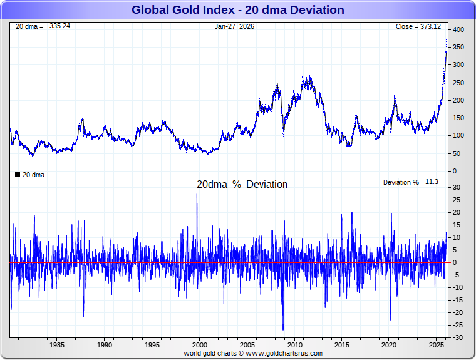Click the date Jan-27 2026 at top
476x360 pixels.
click(234, 26)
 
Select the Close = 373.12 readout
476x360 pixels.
click(418, 26)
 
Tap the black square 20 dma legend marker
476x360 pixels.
click(17, 175)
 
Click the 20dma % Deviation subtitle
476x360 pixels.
click(242, 185)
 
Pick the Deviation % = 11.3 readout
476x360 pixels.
click(410, 182)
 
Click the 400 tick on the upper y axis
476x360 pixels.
click(458, 30)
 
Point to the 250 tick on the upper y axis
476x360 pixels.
click(458, 83)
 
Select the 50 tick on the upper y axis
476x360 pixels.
click(456, 153)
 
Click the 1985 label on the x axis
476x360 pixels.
click(57, 345)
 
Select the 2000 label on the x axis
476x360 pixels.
click(200, 345)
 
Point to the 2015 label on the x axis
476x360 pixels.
click(342, 345)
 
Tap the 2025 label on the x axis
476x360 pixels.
click(437, 345)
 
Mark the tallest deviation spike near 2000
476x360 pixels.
click(197, 195)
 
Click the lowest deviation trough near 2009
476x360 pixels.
click(282, 329)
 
